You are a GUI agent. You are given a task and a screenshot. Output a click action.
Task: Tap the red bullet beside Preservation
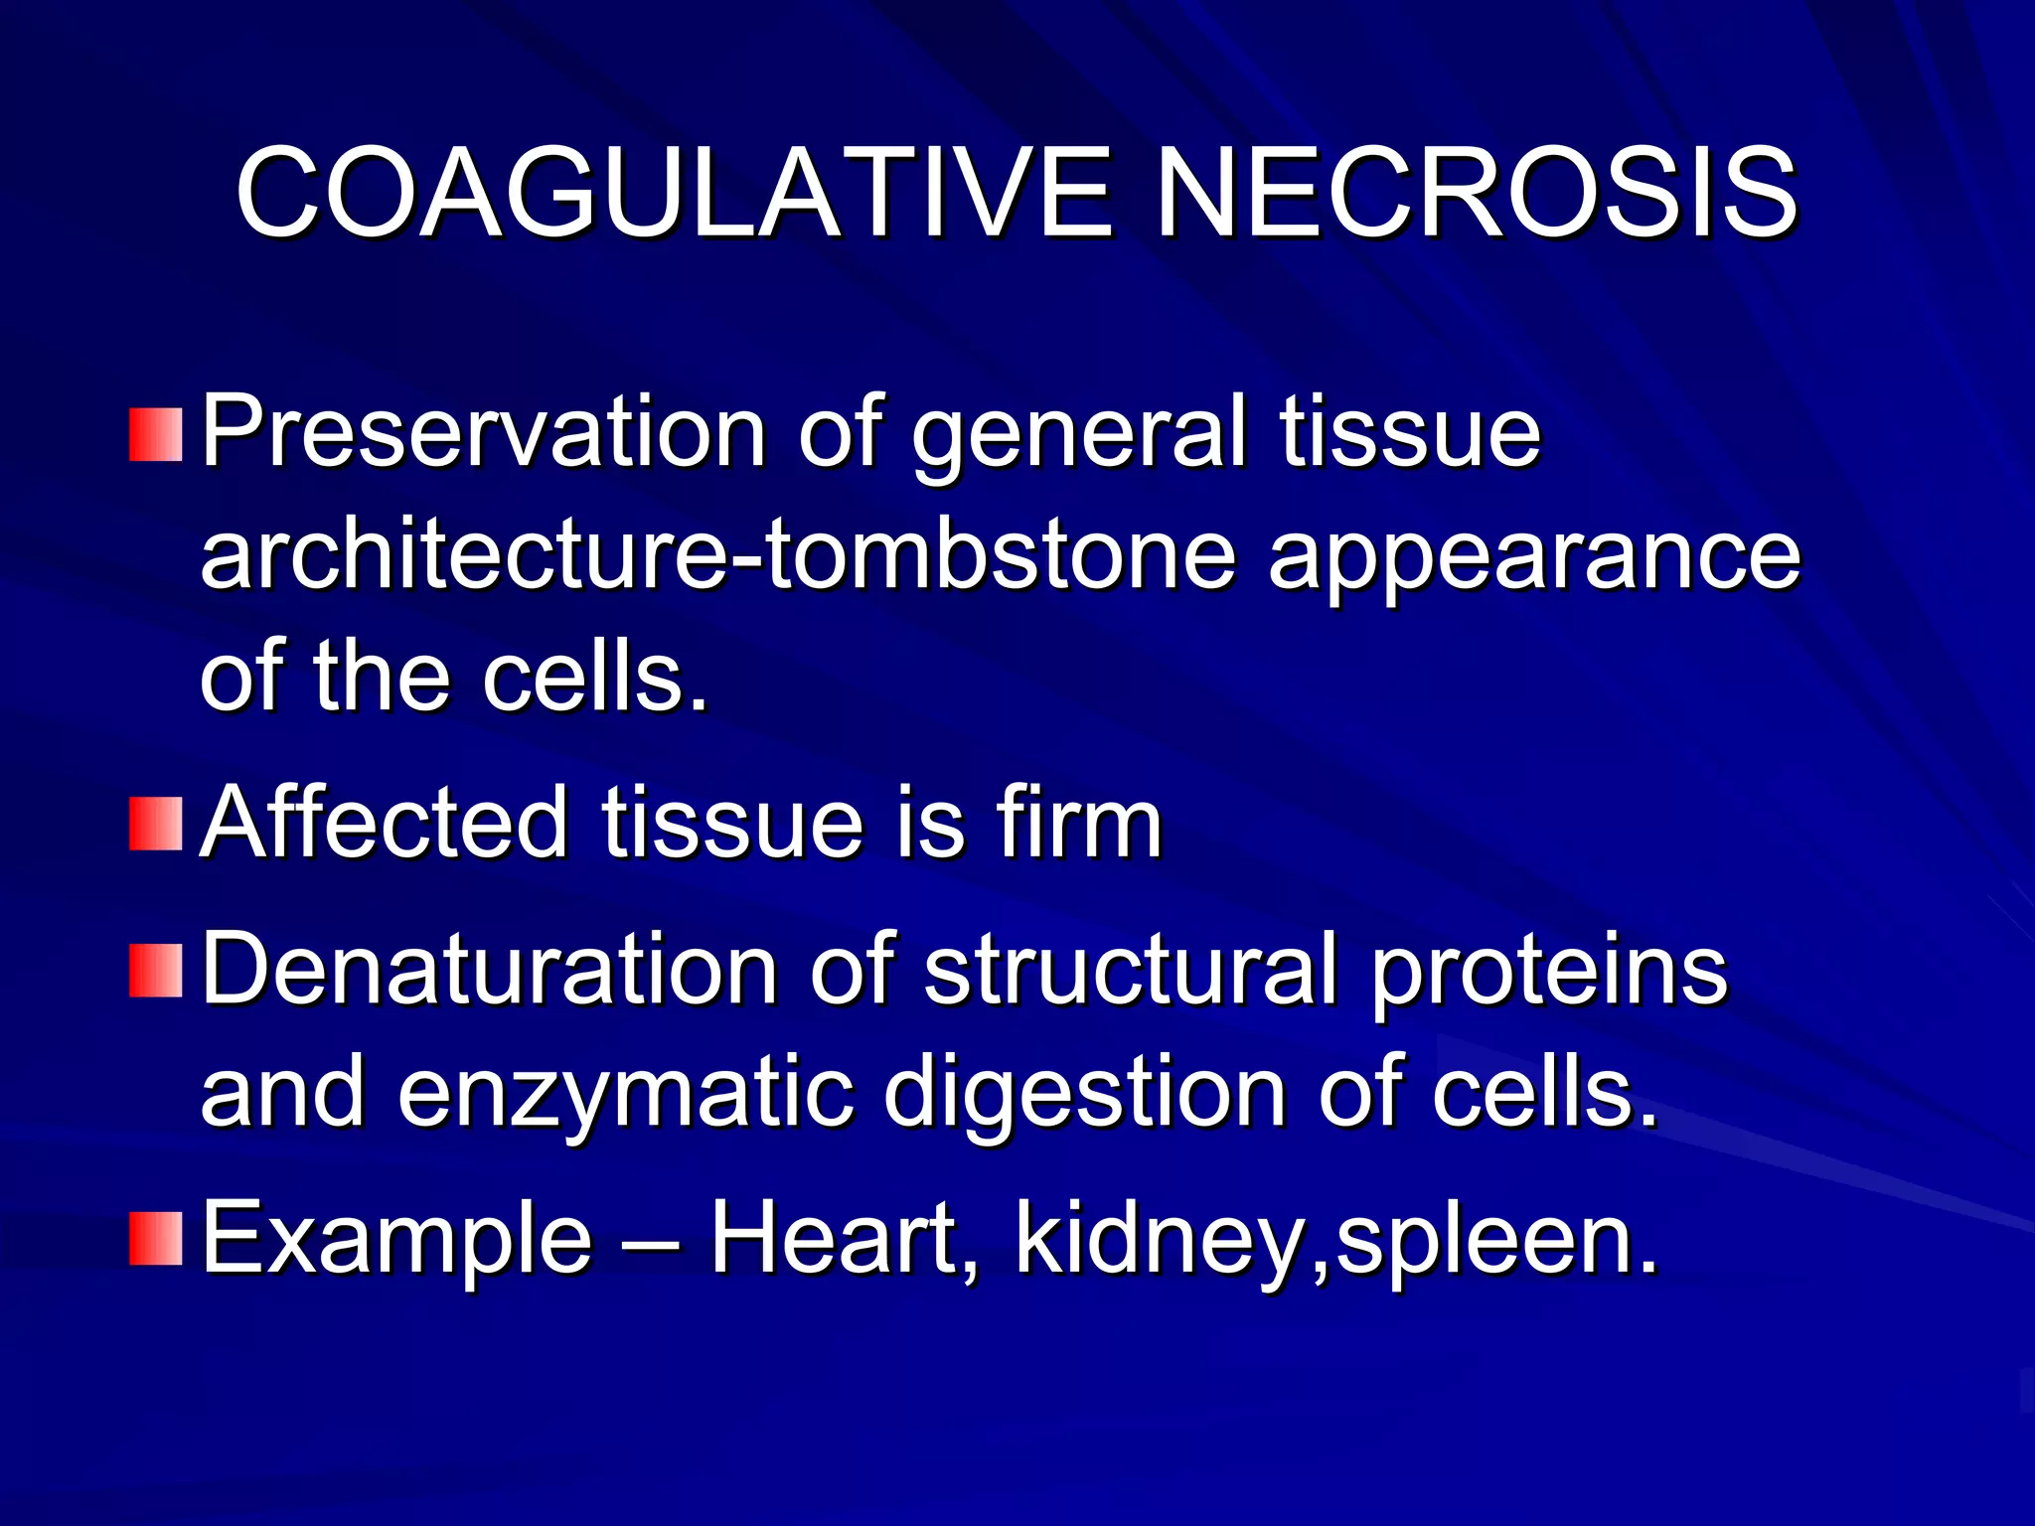[x=156, y=434]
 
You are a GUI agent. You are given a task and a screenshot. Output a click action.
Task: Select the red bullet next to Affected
[x=156, y=824]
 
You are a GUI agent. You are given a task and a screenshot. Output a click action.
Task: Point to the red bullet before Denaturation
[x=156, y=971]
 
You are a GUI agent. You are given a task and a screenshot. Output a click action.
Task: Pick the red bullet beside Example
[x=156, y=1238]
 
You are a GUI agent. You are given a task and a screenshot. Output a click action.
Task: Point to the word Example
[x=397, y=1240]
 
